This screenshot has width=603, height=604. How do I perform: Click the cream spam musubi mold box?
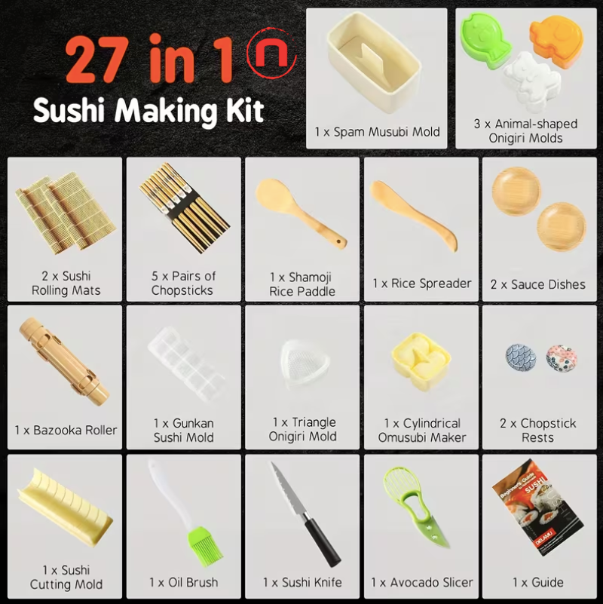(x=374, y=63)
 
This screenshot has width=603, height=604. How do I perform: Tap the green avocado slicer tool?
(x=417, y=505)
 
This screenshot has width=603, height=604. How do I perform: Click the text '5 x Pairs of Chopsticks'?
(x=183, y=283)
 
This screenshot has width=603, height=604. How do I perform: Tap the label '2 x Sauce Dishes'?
(x=538, y=284)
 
